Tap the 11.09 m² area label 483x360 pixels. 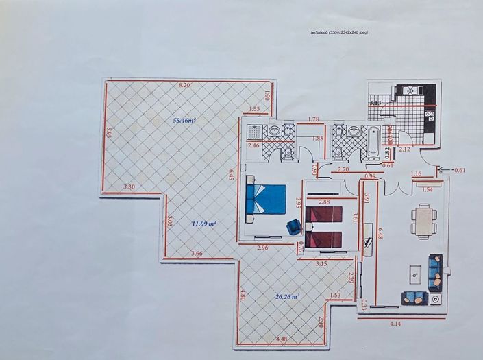click(203, 224)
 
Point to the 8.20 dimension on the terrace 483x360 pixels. click(184, 84)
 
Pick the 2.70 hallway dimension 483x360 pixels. click(344, 169)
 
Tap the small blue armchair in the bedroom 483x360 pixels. click(294, 227)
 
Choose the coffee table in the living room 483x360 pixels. click(415, 274)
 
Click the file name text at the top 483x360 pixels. click(339, 32)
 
